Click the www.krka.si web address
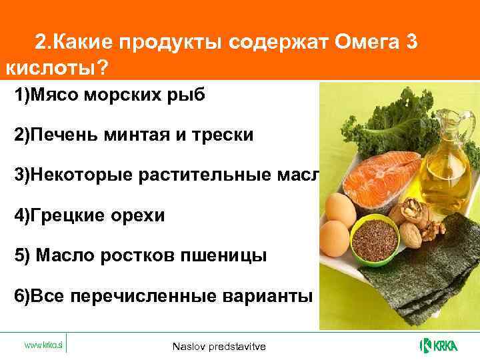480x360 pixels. (44, 345)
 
